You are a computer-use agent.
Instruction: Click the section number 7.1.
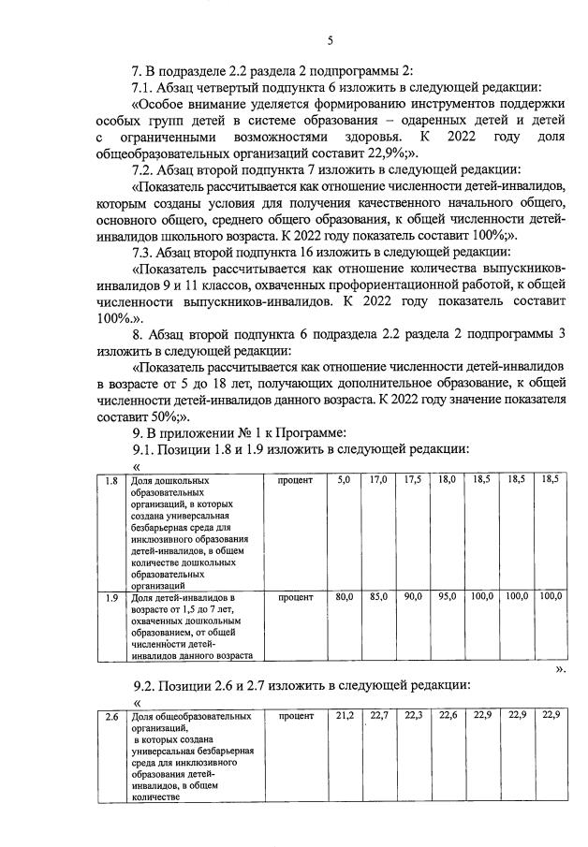pos(144,86)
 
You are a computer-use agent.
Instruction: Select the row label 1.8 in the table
pos(110,480)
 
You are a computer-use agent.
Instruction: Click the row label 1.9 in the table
pos(110,596)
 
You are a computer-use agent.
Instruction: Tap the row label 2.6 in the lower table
pos(110,716)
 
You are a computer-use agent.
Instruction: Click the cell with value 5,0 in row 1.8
pos(344,480)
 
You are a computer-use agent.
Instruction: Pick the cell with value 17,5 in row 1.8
pos(413,480)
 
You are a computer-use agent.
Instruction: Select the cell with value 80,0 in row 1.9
pos(344,596)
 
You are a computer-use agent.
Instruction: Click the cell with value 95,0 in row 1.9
pos(447,596)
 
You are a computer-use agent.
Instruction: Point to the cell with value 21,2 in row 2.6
pos(344,716)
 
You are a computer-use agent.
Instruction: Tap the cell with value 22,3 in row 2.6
pos(413,716)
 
